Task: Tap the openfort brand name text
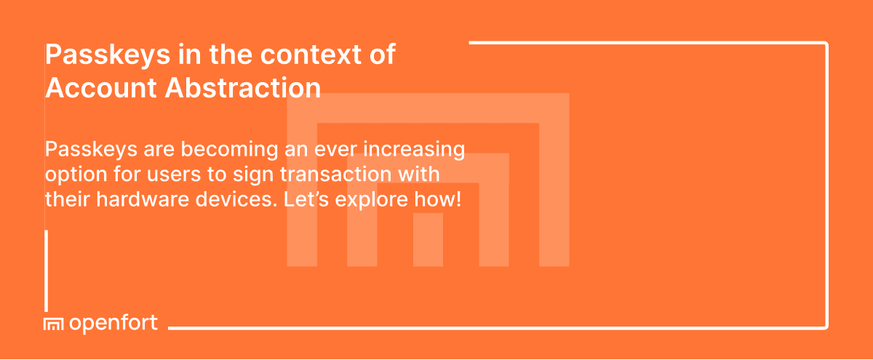point(113,324)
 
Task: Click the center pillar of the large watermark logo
point(428,240)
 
